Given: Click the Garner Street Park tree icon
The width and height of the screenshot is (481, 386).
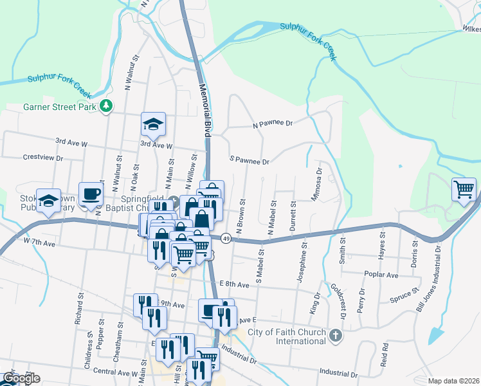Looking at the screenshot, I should coord(107,107).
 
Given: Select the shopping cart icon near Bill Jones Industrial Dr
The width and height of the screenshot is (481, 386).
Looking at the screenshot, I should coord(463,189).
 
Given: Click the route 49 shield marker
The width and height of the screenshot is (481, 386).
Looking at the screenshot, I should coord(227,237).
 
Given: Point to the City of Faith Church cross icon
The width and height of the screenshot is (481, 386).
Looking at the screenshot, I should coord(334,335).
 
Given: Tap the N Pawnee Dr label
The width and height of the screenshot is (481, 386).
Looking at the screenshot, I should coord(272,123).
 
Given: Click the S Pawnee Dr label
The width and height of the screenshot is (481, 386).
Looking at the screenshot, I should coord(249,160).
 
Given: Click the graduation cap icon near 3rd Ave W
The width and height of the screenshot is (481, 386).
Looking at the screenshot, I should coord(153,124).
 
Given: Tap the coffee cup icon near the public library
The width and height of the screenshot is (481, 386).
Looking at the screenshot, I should coord(91,193).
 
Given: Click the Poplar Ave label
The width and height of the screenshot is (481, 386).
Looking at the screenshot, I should coord(383,275).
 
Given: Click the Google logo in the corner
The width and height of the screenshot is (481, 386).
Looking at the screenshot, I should coord(21,378).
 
